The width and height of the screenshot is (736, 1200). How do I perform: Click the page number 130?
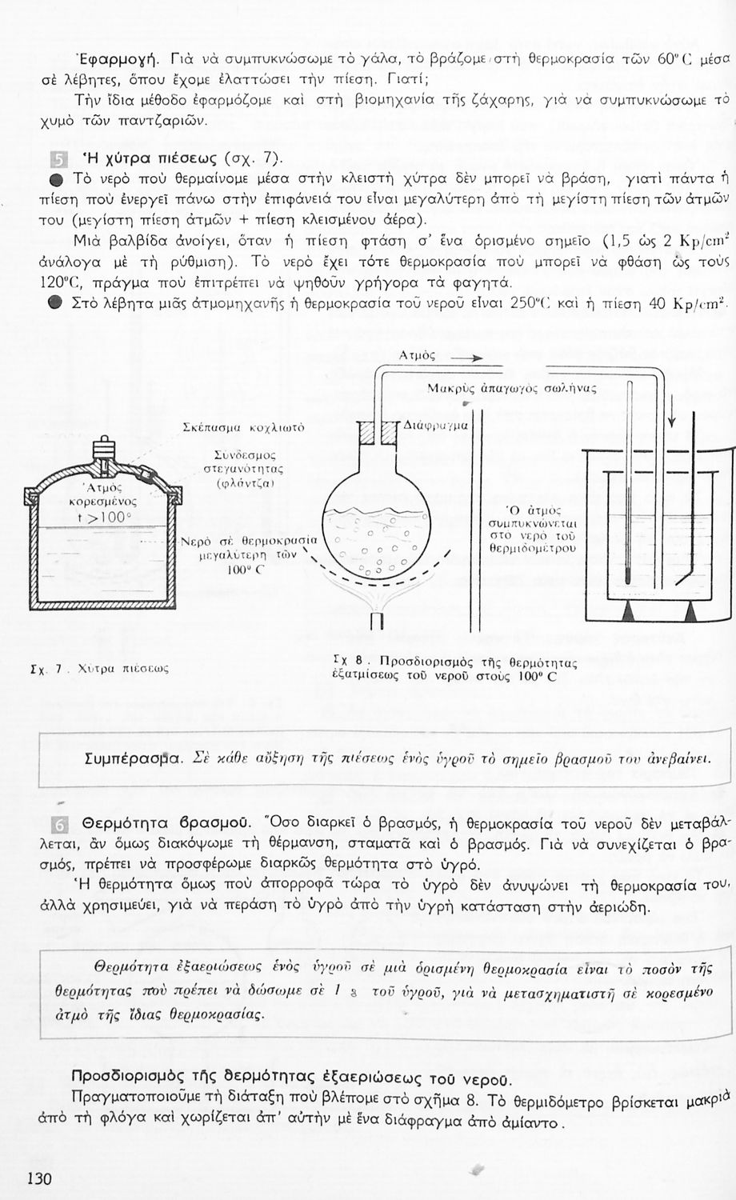(x=39, y=1178)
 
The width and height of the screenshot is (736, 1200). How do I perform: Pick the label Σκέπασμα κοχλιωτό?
(x=238, y=428)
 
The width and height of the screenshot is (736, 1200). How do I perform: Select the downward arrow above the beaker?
(x=672, y=412)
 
